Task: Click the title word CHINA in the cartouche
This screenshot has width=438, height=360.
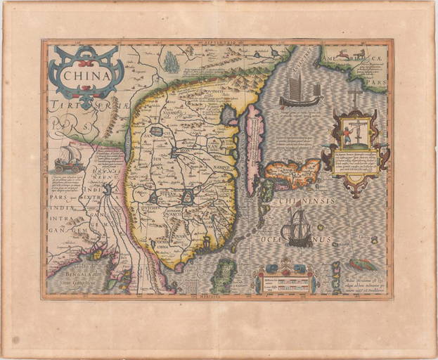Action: pyautogui.click(x=86, y=72)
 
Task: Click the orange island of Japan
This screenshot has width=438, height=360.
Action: pyautogui.click(x=291, y=172)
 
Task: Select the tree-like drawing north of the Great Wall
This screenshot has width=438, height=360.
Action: pyautogui.click(x=171, y=62)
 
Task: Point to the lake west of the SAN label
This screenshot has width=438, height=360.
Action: pyautogui.click(x=157, y=131)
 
